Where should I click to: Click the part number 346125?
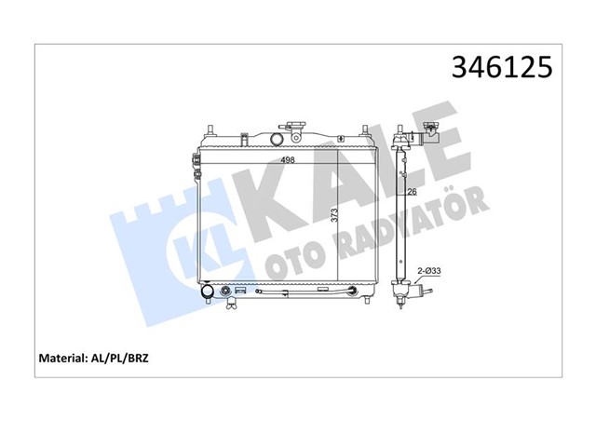[501, 66]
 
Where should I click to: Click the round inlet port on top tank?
[276, 140]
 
